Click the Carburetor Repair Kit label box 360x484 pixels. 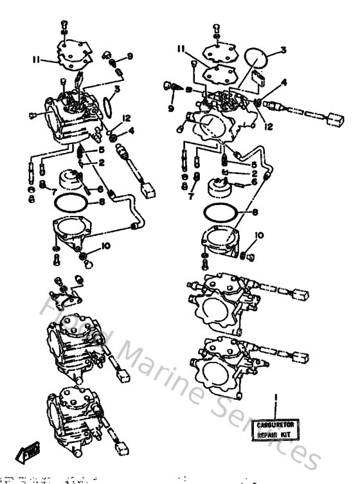point(276,429)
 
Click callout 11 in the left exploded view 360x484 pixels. point(37,60)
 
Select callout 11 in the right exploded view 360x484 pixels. point(183,48)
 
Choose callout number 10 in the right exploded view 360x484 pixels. point(260,235)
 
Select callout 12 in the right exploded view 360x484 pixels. point(268,127)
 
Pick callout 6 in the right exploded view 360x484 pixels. point(255,182)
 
